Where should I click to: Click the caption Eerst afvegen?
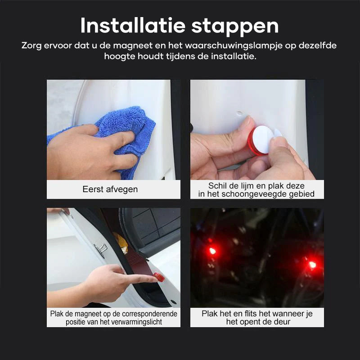[x=110, y=189]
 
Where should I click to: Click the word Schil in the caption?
[x=217, y=186]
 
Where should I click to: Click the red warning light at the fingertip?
[x=159, y=277]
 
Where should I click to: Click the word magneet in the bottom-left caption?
[x=96, y=314]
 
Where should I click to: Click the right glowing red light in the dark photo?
[x=312, y=265]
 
